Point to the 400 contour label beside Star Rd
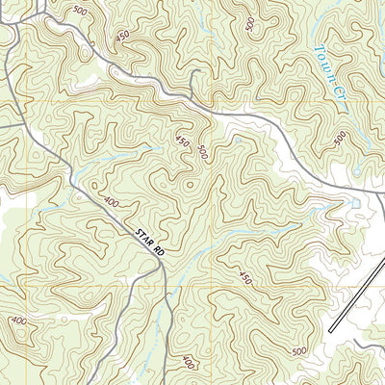tap(111, 203)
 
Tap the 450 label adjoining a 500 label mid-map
tap(183, 141)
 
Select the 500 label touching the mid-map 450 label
tap(202, 151)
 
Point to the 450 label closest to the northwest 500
tap(122, 36)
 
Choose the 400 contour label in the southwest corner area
tap(18, 320)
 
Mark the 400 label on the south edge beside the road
tap(187, 363)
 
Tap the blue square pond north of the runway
tap(356, 203)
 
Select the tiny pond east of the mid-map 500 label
tap(236, 141)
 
